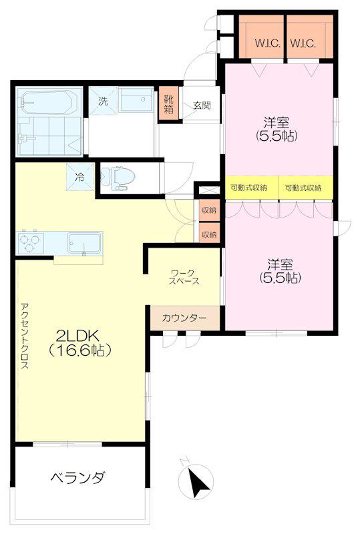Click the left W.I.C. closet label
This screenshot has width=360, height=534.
click(x=268, y=43)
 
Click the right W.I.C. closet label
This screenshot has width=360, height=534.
click(x=303, y=43)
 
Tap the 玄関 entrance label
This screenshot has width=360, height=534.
click(x=202, y=105)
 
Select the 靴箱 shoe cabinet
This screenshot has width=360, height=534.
click(x=169, y=104)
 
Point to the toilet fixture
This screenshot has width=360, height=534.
click(x=118, y=178)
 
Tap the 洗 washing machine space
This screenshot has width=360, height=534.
click(x=103, y=101)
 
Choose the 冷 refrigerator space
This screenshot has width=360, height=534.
click(x=79, y=177)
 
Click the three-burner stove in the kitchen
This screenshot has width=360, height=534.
click(x=30, y=242)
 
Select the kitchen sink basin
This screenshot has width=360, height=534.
click(x=85, y=243)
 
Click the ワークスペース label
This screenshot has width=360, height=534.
click(x=184, y=277)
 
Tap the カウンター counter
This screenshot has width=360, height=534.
click(x=185, y=318)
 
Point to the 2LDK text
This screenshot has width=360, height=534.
click(x=77, y=336)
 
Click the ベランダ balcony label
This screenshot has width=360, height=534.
click(x=77, y=478)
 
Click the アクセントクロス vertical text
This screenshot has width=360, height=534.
click(x=25, y=336)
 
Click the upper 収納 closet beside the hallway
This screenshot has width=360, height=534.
click(x=209, y=210)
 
